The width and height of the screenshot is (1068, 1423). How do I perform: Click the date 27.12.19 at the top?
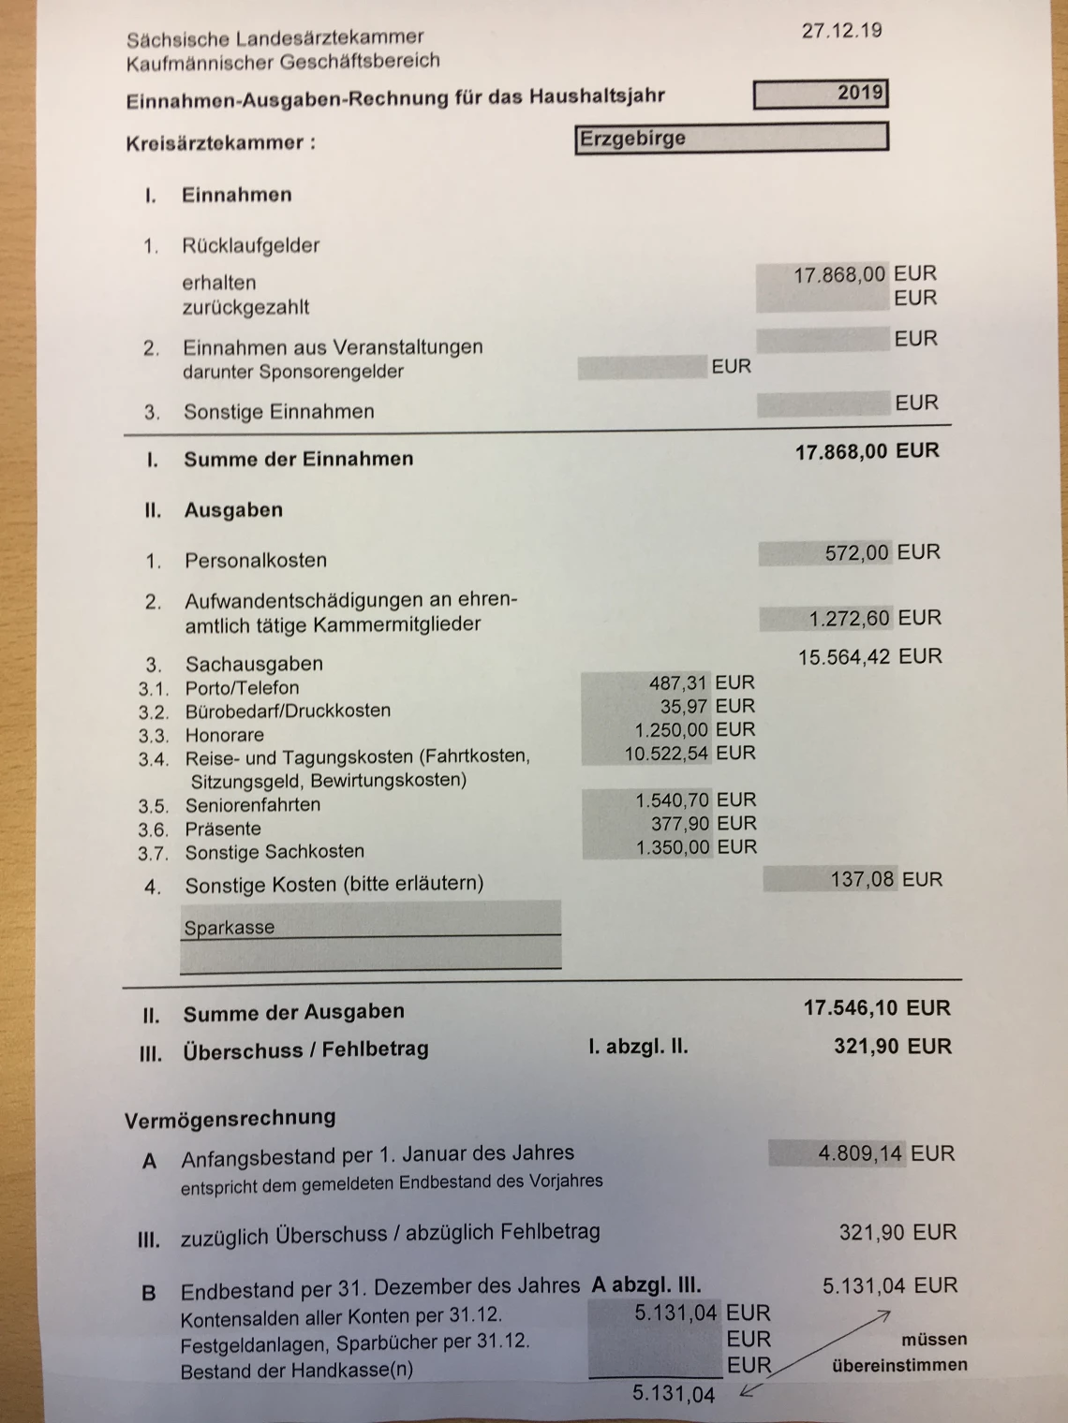[x=841, y=30]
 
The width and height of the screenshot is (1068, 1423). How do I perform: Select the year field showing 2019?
[x=820, y=95]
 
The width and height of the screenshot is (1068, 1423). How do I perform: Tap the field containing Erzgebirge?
[x=731, y=139]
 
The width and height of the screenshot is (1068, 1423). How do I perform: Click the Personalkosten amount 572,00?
[x=856, y=553]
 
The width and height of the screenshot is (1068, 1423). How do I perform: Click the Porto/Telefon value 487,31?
[x=679, y=683]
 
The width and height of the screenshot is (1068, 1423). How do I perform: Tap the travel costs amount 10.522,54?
[x=668, y=753]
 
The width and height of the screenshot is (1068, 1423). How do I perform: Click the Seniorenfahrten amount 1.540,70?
[x=673, y=800]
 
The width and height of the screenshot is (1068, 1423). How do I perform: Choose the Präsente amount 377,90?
[x=680, y=824]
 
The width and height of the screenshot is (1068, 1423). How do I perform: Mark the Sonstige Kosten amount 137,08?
[x=862, y=879]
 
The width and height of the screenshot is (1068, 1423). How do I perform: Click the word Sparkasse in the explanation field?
[x=230, y=928]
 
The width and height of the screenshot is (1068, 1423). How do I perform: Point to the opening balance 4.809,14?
[x=861, y=1152]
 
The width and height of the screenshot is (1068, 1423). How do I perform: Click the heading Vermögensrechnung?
[x=230, y=1118]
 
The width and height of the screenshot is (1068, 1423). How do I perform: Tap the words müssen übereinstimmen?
[x=899, y=1353]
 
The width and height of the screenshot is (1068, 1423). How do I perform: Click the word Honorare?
[x=225, y=735]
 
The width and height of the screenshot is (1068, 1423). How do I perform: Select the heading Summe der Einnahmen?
[x=298, y=459]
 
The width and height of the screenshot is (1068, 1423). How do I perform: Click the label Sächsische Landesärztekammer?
[x=274, y=38]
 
